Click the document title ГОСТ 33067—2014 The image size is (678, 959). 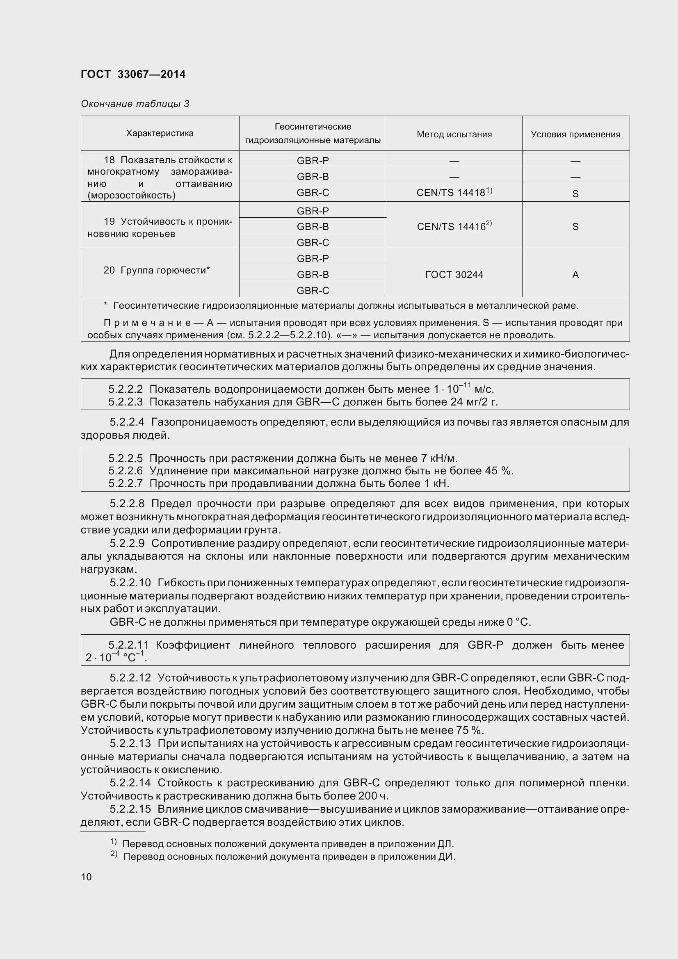133,74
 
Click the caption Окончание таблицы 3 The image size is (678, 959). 135,104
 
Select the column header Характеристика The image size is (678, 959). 160,133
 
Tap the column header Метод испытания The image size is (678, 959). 454,134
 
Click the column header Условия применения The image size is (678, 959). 575,134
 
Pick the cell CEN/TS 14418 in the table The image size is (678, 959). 454,193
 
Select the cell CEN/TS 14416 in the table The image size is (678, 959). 454,226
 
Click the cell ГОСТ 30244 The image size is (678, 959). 454,274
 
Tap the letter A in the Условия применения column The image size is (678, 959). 575,274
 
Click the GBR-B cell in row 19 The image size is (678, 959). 313,226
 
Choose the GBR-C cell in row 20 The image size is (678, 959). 313,290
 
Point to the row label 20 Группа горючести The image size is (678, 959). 157,270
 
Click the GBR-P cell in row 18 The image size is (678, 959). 313,160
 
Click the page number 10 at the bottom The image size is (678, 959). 86,877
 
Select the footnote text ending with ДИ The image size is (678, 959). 289,856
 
